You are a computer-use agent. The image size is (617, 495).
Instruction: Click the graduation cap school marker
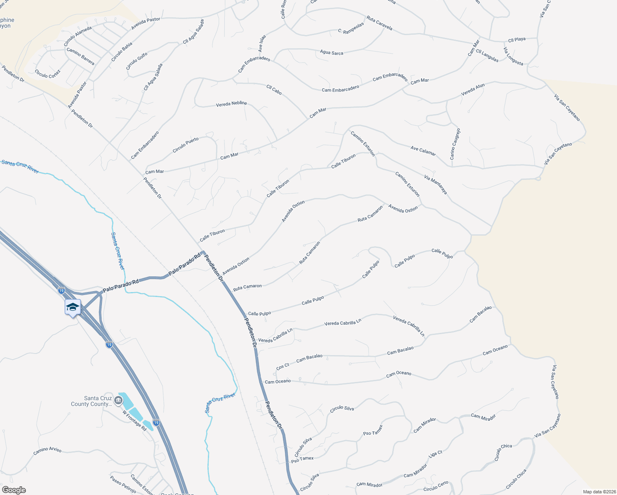73,307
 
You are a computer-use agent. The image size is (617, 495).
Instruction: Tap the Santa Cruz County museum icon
118,400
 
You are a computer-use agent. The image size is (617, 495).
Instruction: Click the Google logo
14,490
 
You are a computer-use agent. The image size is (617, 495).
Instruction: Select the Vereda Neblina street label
231,104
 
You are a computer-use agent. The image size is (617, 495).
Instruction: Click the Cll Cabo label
274,90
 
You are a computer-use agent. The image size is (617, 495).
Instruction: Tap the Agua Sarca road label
332,52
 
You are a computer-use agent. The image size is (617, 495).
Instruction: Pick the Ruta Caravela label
379,23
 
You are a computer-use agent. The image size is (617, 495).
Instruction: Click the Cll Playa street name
517,40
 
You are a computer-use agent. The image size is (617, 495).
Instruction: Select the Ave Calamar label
423,151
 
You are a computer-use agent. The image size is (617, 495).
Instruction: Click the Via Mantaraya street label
436,184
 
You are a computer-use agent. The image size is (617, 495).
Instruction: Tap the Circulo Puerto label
186,145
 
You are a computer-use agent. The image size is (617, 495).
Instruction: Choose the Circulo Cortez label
48,74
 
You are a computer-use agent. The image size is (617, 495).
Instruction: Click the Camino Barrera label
80,57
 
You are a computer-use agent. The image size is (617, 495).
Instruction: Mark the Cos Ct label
283,366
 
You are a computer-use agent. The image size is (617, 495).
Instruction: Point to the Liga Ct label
436,454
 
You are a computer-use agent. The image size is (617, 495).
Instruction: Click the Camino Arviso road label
47,450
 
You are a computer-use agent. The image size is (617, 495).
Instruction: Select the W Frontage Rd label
134,420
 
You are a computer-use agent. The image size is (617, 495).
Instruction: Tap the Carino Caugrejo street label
455,144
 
